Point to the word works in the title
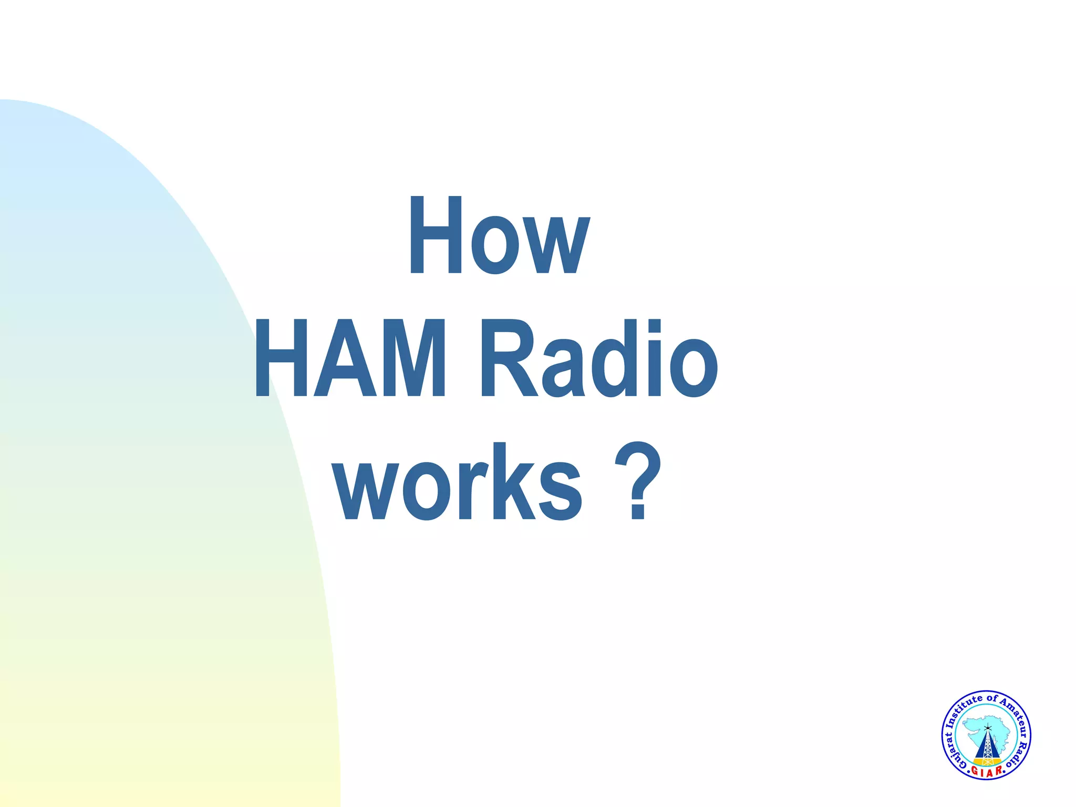pyautogui.click(x=458, y=482)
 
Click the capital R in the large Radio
pyautogui.click(x=508, y=359)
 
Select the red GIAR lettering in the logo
pyautogui.click(x=986, y=772)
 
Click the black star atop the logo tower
pyautogui.click(x=987, y=728)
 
